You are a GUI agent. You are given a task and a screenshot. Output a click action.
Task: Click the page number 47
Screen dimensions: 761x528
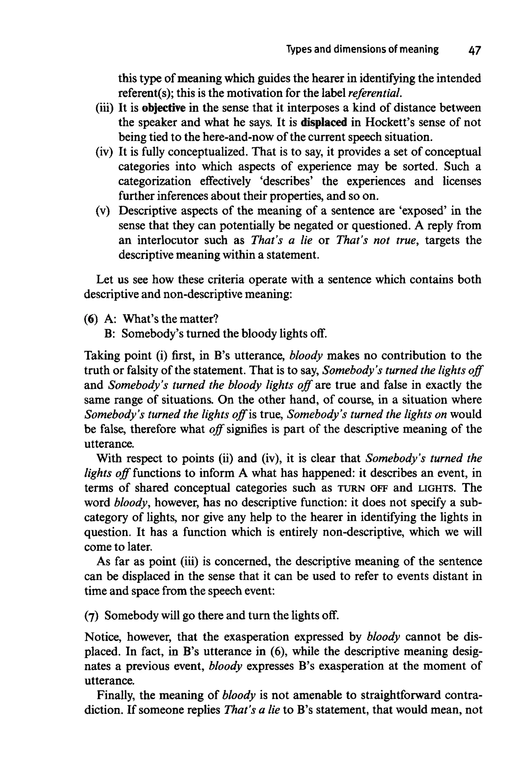[x=474, y=51]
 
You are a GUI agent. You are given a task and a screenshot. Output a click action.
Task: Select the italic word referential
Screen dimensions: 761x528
[x=375, y=93]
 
